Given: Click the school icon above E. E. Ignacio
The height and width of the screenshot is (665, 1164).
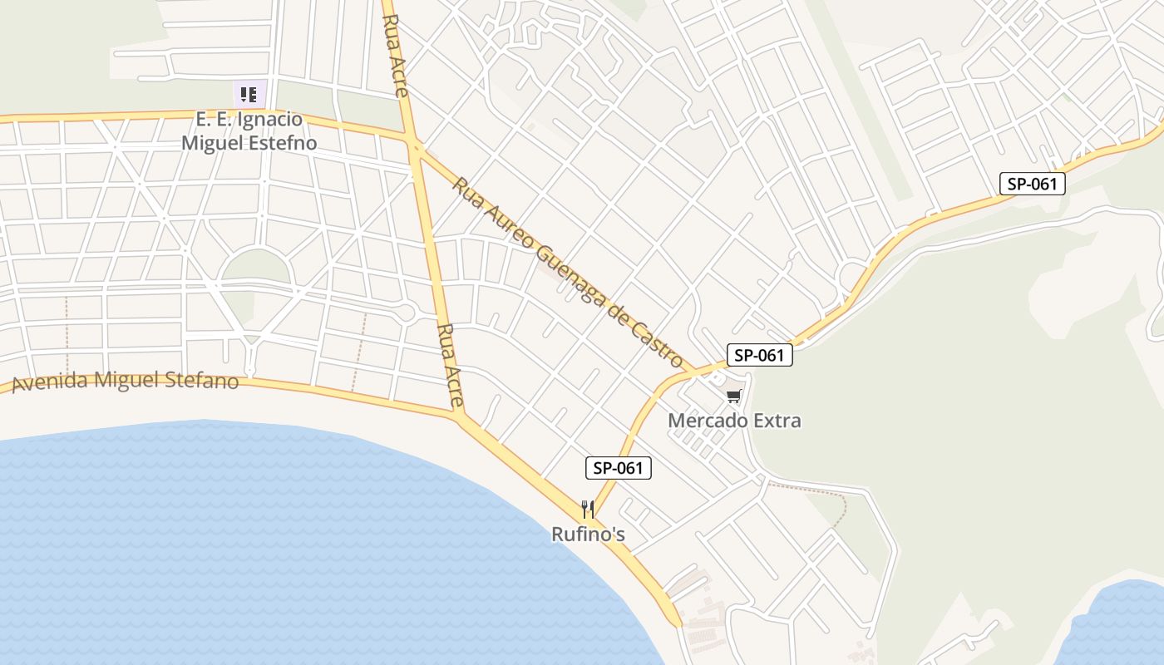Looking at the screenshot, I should tap(249, 94).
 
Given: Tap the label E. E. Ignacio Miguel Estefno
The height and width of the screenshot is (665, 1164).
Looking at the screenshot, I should tap(249, 131).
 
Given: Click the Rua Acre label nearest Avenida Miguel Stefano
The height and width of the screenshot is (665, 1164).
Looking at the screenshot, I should tap(450, 365).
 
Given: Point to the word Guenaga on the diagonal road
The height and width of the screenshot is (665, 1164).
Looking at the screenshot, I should tap(568, 273).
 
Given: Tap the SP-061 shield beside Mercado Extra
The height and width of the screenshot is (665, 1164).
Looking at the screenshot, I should tap(759, 355).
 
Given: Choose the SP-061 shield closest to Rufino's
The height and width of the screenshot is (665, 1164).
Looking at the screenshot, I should tap(619, 468).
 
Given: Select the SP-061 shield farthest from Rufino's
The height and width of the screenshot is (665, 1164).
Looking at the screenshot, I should tap(1031, 184).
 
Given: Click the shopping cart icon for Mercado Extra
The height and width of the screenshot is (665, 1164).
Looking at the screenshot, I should tap(733, 397).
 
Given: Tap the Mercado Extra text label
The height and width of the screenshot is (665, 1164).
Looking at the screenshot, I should tap(734, 421).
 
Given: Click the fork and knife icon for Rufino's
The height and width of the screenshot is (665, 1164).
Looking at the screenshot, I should tap(588, 509).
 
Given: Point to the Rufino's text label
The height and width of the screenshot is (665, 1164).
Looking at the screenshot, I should tap(588, 534).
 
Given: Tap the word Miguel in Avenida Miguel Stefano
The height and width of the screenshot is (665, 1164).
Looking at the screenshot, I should tap(126, 380).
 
